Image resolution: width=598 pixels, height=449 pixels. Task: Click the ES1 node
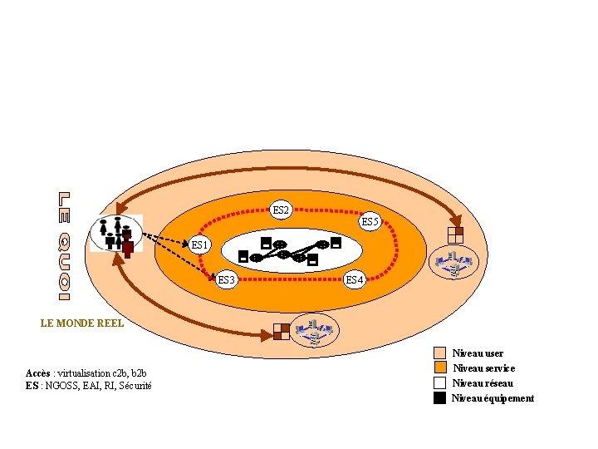pyautogui.click(x=200, y=244)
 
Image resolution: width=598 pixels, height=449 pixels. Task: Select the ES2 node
pyautogui.click(x=282, y=210)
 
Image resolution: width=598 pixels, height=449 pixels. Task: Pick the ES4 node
pyautogui.click(x=355, y=279)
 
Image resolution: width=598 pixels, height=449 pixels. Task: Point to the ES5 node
pyautogui.click(x=370, y=222)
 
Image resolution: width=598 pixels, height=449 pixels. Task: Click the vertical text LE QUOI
pyautogui.click(x=65, y=245)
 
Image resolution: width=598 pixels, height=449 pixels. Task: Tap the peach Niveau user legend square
pyautogui.click(x=440, y=353)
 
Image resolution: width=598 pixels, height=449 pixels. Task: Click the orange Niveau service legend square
pyautogui.click(x=440, y=368)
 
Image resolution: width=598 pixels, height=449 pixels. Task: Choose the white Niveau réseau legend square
pyautogui.click(x=440, y=383)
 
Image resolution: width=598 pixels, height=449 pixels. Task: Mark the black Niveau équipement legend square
pyautogui.click(x=440, y=398)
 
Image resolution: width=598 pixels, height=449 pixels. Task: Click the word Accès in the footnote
pyautogui.click(x=40, y=373)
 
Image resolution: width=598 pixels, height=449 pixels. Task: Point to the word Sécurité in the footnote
pyautogui.click(x=135, y=385)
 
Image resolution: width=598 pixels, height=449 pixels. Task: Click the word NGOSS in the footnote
pyautogui.click(x=61, y=385)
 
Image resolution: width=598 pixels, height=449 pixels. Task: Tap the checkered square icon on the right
pyautogui.click(x=454, y=234)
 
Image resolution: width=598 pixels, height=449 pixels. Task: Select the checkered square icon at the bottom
pyautogui.click(x=282, y=331)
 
